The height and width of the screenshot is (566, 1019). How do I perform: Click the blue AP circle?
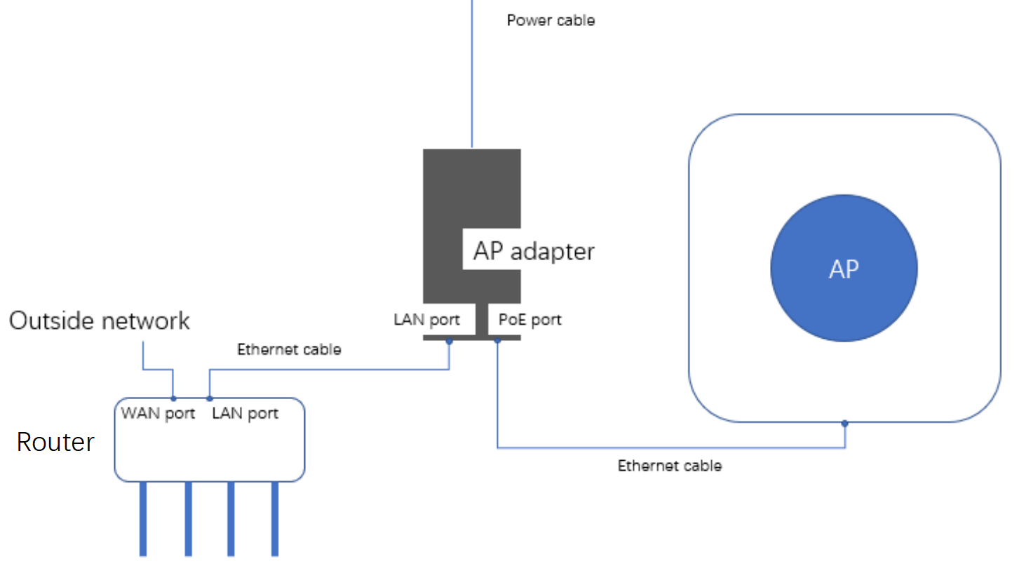(x=844, y=268)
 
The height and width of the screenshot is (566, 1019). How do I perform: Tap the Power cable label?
(x=551, y=20)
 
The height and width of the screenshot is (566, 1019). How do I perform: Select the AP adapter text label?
(x=534, y=251)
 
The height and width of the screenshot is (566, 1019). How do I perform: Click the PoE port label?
(x=529, y=320)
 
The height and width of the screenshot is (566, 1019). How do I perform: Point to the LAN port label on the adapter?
(x=426, y=320)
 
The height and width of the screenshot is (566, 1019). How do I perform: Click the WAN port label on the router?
(x=158, y=413)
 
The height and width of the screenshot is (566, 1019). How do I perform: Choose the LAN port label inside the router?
(x=245, y=413)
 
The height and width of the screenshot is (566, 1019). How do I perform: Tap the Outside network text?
(x=100, y=321)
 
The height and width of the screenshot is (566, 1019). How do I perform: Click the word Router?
(x=55, y=442)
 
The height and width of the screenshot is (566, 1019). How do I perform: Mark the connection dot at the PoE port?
(x=497, y=341)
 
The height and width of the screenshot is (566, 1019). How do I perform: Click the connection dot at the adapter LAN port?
(x=449, y=342)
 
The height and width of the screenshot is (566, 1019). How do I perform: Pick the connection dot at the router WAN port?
(x=173, y=398)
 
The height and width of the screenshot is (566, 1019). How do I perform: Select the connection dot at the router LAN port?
(x=209, y=398)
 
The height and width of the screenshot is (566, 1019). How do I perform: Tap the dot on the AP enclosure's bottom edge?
(x=844, y=423)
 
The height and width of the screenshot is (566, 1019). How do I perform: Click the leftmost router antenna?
(x=143, y=519)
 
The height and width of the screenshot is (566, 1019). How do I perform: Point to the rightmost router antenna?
(x=275, y=519)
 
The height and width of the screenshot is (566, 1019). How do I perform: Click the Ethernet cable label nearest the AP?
(x=669, y=465)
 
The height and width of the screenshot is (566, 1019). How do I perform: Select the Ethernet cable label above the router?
(x=289, y=349)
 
